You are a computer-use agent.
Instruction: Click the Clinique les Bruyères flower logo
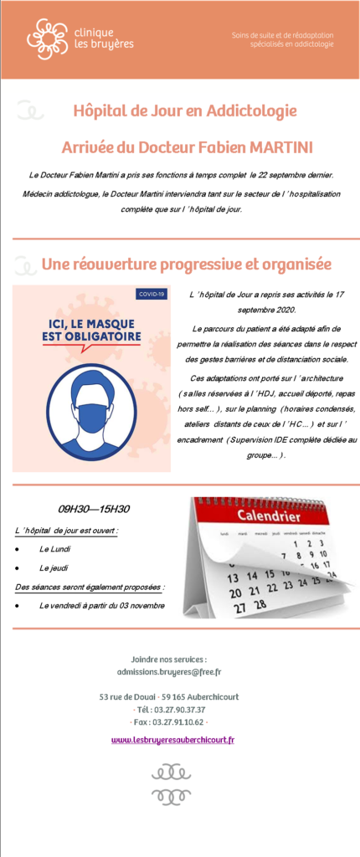pyautogui.click(x=47, y=38)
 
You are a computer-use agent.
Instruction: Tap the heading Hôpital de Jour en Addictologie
pyautogui.click(x=185, y=110)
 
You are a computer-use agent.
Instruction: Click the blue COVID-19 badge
pyautogui.click(x=152, y=294)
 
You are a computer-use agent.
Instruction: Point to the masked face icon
pyautogui.click(x=90, y=410)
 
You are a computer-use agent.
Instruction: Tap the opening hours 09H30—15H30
pyautogui.click(x=93, y=508)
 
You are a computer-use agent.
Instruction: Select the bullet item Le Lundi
pyautogui.click(x=55, y=549)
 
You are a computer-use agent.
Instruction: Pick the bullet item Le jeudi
pyautogui.click(x=54, y=568)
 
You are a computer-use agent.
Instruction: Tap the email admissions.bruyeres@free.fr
pyautogui.click(x=169, y=672)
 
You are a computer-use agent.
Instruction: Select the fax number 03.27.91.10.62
pyautogui.click(x=177, y=721)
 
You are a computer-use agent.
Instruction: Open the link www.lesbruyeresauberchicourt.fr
pyautogui.click(x=172, y=740)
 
